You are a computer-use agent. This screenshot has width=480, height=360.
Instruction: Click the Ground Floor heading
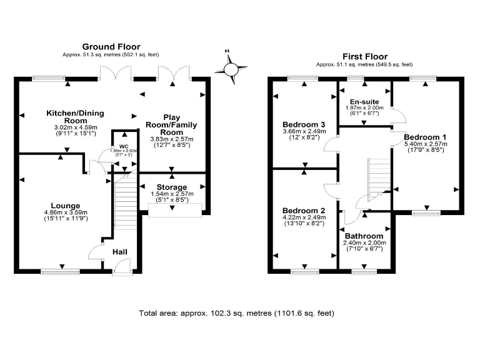tap(111, 47)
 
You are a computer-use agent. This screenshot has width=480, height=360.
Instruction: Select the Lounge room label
tap(66, 205)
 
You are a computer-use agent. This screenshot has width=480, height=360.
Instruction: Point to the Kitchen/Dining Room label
tap(75, 117)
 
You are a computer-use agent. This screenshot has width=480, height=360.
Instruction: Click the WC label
tap(123, 147)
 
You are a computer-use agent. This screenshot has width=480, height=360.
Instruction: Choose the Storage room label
tap(172, 187)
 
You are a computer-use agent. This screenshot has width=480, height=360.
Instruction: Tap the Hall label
tap(120, 252)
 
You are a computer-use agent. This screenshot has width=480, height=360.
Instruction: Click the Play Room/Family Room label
tap(172, 124)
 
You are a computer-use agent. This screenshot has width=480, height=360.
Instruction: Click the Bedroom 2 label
tap(304, 210)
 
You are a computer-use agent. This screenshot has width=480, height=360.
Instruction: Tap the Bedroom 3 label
tap(304, 123)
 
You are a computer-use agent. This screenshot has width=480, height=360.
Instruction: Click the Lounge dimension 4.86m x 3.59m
tap(66, 212)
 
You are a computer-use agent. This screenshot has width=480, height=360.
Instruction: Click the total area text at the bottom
tap(240, 312)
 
